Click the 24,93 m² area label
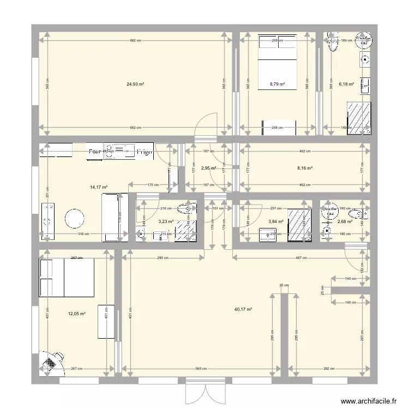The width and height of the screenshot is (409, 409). (x=135, y=85)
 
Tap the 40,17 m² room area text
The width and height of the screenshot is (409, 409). (x=243, y=309)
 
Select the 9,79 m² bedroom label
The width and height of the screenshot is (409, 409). (x=278, y=85)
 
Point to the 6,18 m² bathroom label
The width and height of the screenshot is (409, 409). (x=346, y=85)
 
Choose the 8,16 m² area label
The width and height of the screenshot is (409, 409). (x=305, y=169)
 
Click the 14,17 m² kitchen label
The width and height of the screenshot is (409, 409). (x=99, y=187)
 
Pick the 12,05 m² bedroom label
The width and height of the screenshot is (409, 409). (x=77, y=314)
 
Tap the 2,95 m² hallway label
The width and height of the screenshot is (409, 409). (x=209, y=169)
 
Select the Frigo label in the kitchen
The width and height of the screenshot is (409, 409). (x=145, y=152)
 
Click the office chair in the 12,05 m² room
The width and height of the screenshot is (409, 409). (x=52, y=362)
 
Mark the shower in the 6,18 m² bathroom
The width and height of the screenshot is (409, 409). (x=360, y=118)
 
